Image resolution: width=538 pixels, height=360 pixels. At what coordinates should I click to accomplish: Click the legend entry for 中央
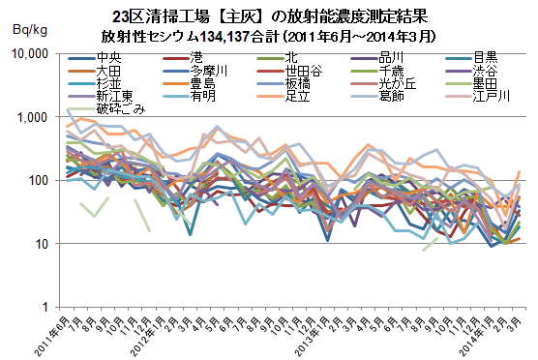[x=95, y=58]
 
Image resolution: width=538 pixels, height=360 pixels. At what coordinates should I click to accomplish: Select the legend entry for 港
[x=183, y=58]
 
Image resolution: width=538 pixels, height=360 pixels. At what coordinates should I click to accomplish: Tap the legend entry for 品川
[x=377, y=58]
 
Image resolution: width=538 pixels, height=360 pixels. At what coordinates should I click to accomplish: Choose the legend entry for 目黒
[x=472, y=58]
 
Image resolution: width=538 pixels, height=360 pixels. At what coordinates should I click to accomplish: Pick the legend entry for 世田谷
[x=290, y=71]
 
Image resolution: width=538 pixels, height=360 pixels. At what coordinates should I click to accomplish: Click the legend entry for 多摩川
[x=195, y=71]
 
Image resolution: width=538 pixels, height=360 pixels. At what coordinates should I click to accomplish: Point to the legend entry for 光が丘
[x=383, y=84]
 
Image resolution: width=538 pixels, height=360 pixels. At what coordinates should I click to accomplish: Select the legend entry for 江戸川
[x=478, y=96]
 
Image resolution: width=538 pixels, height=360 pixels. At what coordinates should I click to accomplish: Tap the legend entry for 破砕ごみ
[x=107, y=109]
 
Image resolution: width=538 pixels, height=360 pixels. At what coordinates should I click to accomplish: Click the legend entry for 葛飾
[x=377, y=96]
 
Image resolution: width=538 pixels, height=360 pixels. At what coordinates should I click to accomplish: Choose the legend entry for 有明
[x=190, y=96]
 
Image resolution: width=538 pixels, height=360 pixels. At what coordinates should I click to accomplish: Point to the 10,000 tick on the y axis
[x=30, y=54]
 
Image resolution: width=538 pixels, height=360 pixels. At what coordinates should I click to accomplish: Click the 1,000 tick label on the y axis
[x=32, y=117]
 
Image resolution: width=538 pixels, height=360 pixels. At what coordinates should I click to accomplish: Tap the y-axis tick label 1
[x=45, y=307]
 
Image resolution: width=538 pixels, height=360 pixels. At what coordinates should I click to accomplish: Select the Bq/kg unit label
[x=30, y=30]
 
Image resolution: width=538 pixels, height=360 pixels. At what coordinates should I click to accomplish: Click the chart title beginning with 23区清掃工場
[x=270, y=16]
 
